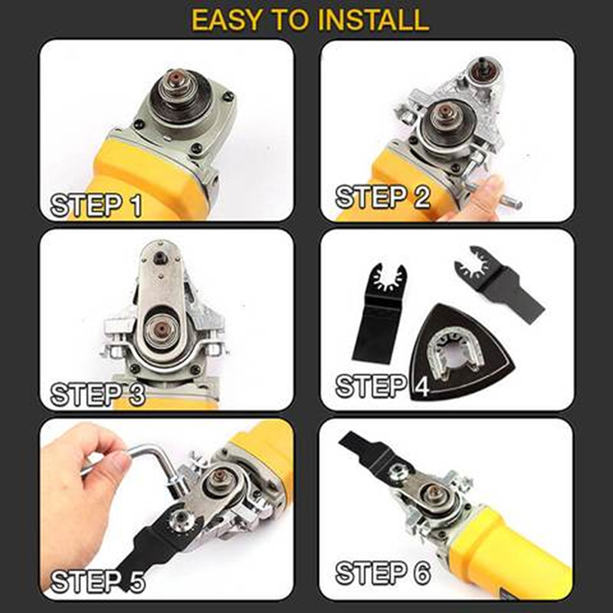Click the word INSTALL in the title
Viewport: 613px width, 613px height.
click(x=373, y=20)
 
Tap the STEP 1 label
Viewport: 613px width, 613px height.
click(x=97, y=205)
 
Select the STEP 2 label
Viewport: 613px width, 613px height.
click(x=383, y=197)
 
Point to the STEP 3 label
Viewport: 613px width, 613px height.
click(x=98, y=394)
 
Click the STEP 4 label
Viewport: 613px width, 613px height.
click(x=382, y=386)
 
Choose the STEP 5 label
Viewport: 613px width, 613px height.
click(x=98, y=581)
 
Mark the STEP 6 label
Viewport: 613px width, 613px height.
click(x=383, y=573)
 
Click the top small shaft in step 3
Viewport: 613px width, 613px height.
click(x=160, y=257)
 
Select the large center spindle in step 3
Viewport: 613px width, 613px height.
click(x=161, y=328)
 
